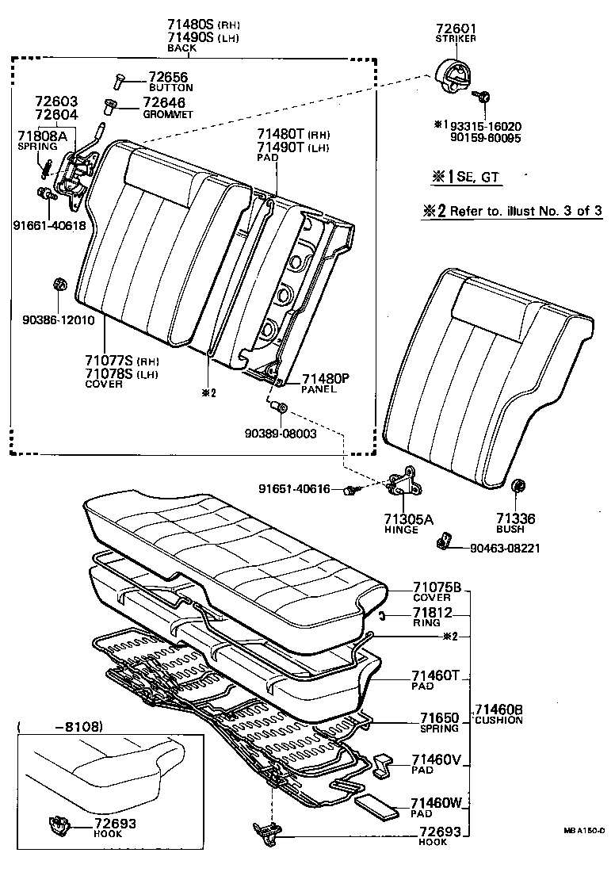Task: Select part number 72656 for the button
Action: pos(165,77)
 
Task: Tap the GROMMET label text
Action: pos(168,114)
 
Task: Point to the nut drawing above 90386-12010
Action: pos(58,285)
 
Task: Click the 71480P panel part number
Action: pos(326,379)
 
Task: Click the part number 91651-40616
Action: pos(294,488)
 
